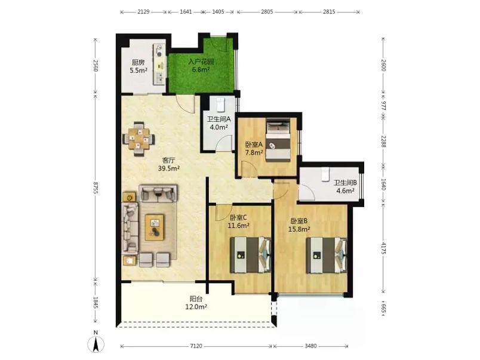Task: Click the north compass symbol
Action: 96,344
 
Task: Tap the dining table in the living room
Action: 139,140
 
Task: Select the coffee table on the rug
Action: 155,227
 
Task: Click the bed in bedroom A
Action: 278,140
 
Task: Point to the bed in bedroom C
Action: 250,255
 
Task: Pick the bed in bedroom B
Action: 327,256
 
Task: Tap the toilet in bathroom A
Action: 221,104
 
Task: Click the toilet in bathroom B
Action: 325,174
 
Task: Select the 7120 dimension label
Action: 196,346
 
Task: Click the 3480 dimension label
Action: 310,346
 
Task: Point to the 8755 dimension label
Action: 96,187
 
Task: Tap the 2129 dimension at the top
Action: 143,12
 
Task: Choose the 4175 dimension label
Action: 383,248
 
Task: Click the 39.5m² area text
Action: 169,168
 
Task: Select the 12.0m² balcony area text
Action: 196,307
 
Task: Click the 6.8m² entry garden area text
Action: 201,70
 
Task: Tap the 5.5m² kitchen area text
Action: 139,70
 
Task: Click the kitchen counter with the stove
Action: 159,64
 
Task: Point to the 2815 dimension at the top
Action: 329,12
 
